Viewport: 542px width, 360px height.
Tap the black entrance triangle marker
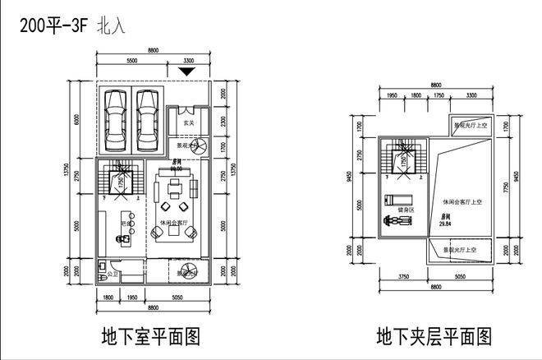tap(188, 72)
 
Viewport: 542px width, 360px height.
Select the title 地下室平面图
tap(150, 336)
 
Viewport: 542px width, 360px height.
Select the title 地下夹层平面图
tap(435, 336)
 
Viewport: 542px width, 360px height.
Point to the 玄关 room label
tap(188, 122)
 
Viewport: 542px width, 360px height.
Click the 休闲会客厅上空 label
tap(465, 201)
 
